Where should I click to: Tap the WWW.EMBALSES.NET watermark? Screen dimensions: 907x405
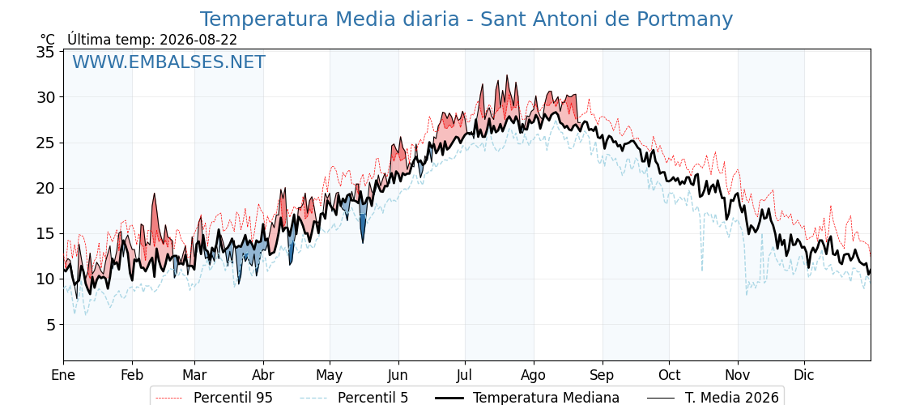tap(169, 62)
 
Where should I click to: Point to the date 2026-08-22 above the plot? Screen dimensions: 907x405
tap(198, 40)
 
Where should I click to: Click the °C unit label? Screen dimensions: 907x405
tap(48, 40)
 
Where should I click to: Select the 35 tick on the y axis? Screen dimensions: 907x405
tap(45, 52)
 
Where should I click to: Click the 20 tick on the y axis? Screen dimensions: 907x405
tap(45, 189)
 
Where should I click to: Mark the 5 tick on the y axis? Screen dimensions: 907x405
tap(49, 325)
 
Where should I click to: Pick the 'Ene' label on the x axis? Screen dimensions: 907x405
tap(64, 375)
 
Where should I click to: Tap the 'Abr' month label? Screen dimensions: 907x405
tap(263, 375)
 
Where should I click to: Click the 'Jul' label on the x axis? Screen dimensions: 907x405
tap(465, 375)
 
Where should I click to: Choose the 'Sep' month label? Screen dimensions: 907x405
tap(603, 375)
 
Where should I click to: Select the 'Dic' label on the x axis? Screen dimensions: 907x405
tap(804, 375)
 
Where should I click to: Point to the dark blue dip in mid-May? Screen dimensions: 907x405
tap(363, 228)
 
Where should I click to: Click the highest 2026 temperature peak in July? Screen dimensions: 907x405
tap(507, 76)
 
